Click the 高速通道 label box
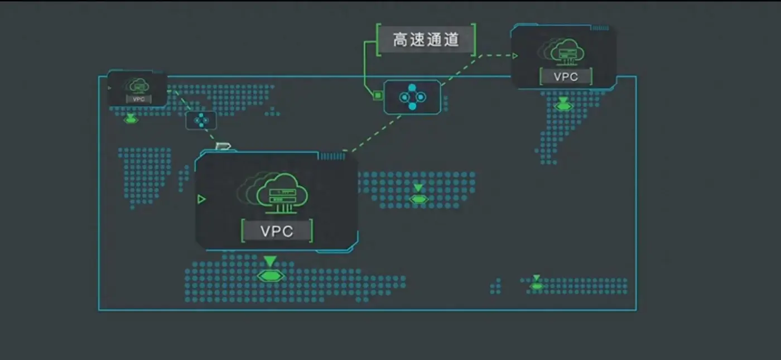click(x=426, y=40)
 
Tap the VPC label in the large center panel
click(x=277, y=231)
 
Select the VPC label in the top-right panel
click(x=566, y=76)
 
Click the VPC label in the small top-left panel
click(x=138, y=99)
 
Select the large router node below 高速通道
click(x=413, y=97)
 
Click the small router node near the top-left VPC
click(x=201, y=119)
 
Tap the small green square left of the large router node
click(x=378, y=95)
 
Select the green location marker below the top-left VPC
click(x=131, y=119)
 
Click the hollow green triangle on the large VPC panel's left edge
click(x=201, y=199)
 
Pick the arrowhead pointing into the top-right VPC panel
click(x=515, y=56)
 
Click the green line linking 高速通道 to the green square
click(x=365, y=67)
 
